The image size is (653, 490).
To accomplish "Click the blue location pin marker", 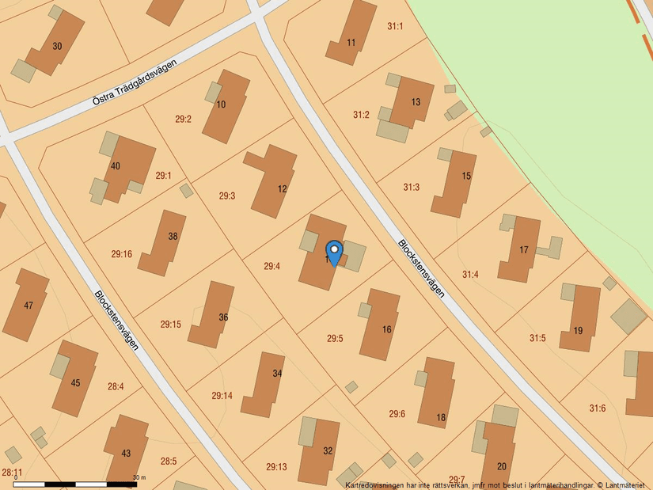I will pos(335,252).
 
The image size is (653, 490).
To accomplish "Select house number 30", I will pos(57,46).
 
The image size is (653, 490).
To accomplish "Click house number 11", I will pos(351,41).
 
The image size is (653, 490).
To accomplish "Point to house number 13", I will pos(416,102).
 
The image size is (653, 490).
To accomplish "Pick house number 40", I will pos(116,166).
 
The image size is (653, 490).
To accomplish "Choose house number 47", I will pos(29,306).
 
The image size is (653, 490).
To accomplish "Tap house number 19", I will pos(578,330).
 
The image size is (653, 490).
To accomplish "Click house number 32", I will pos(328,450).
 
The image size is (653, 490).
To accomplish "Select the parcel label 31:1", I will pos(395,27).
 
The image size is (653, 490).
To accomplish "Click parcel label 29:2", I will pos(183,120).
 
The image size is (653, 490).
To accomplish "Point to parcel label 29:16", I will pos(122,254).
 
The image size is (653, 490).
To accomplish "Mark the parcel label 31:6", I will pos(597,408).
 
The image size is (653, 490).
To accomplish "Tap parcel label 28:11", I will pos(12,473).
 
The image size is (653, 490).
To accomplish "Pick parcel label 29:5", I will pos(335,339).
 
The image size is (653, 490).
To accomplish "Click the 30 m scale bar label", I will pos(140,477).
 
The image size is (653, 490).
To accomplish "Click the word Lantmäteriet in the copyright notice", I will pos(625,484).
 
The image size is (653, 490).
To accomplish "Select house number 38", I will pos(173,236).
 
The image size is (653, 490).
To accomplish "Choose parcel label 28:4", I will pos(116,386).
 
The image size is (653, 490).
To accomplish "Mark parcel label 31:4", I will pos(470,275).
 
